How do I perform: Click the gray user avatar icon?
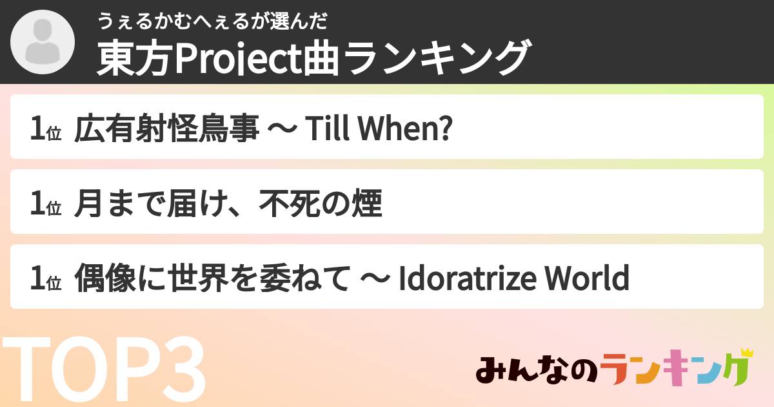click(42, 42)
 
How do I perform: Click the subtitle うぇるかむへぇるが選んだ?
click(213, 22)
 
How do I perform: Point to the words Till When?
click(377, 131)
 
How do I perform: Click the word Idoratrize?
click(468, 280)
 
